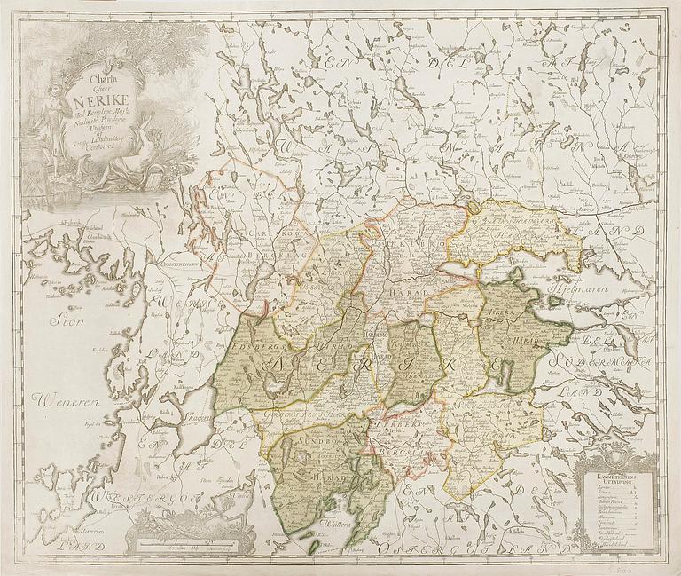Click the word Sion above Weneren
[66, 321]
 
